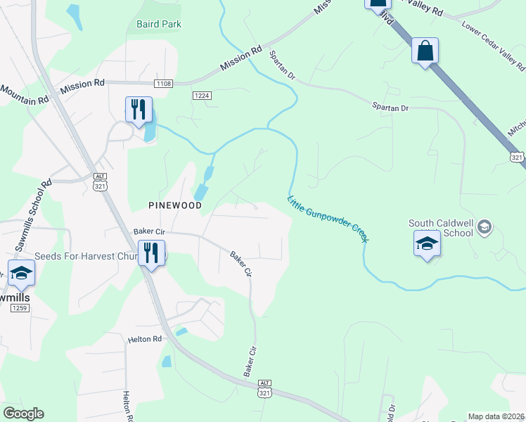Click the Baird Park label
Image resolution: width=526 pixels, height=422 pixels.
click(158, 24)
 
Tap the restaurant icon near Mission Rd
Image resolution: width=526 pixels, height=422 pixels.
click(139, 109)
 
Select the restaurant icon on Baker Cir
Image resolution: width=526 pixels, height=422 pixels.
click(151, 252)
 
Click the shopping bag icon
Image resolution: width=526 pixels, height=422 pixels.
click(425, 51)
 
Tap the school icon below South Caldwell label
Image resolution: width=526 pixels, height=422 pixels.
click(427, 244)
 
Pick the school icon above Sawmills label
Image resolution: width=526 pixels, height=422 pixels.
click(21, 272)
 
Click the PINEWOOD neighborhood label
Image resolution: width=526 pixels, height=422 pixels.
click(175, 205)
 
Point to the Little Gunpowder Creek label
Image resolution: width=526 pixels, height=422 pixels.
click(327, 219)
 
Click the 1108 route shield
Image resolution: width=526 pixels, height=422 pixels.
click(163, 84)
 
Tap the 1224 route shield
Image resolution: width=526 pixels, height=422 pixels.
click(203, 96)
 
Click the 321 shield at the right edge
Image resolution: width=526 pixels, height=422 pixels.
click(518, 156)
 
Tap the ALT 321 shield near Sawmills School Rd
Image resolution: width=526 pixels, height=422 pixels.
click(99, 181)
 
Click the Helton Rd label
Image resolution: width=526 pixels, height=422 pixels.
click(145, 339)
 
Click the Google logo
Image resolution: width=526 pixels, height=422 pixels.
click(23, 414)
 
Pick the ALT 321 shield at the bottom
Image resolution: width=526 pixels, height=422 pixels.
click(264, 387)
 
